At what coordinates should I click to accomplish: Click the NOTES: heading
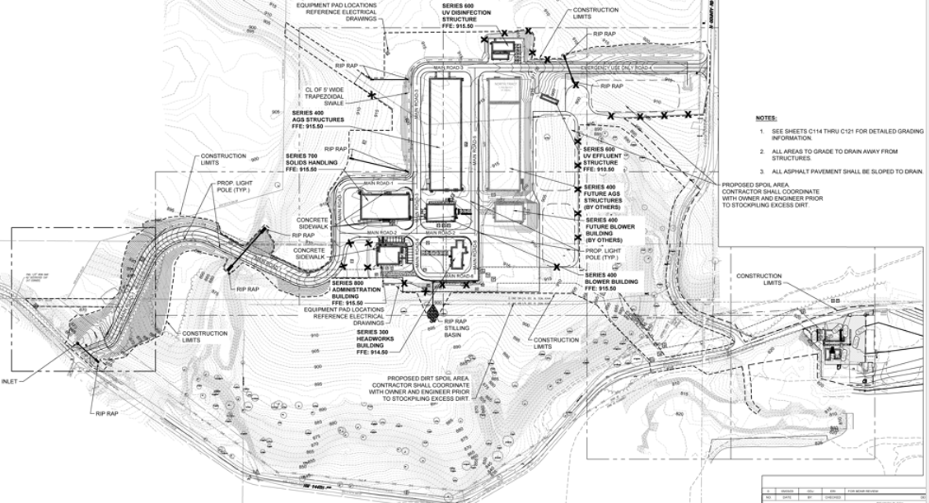tap(765, 118)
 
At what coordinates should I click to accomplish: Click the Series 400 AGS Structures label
tap(308, 119)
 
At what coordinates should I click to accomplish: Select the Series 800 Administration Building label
tap(356, 290)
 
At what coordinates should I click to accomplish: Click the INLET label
tap(10, 381)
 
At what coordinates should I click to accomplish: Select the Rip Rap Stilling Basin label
tap(457, 328)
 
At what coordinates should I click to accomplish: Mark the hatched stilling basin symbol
tap(432, 313)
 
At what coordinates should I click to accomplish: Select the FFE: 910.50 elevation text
tap(600, 170)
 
